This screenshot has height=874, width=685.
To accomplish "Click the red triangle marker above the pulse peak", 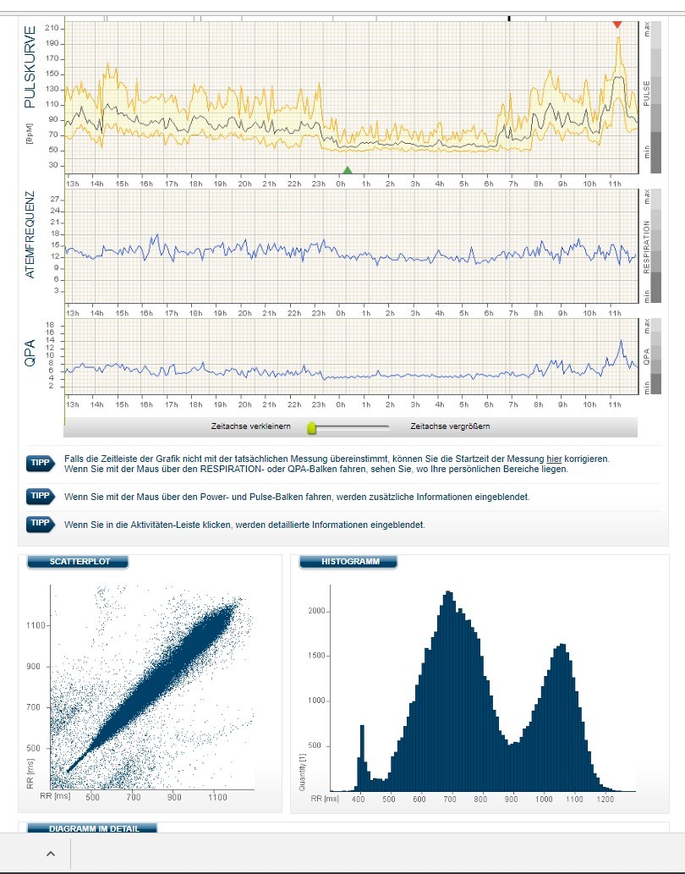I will click(x=617, y=24).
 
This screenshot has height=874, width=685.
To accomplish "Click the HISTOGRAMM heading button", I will click(x=350, y=562).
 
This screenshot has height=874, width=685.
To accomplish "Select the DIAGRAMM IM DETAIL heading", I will click(x=92, y=828).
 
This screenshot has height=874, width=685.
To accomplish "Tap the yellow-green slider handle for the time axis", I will click(x=311, y=427).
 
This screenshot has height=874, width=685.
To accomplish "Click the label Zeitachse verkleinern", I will click(x=251, y=426).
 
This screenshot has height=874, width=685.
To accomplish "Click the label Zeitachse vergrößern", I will click(x=450, y=426).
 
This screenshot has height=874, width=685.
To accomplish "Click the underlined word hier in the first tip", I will click(x=555, y=459).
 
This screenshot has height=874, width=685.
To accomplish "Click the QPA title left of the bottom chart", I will click(x=31, y=352).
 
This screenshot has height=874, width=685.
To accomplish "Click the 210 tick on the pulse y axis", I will click(x=52, y=28).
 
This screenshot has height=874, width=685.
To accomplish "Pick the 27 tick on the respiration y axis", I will click(x=55, y=200).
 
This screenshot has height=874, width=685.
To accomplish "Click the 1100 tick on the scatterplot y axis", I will click(x=37, y=625).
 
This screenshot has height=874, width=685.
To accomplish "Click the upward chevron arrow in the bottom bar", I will click(x=50, y=854).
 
